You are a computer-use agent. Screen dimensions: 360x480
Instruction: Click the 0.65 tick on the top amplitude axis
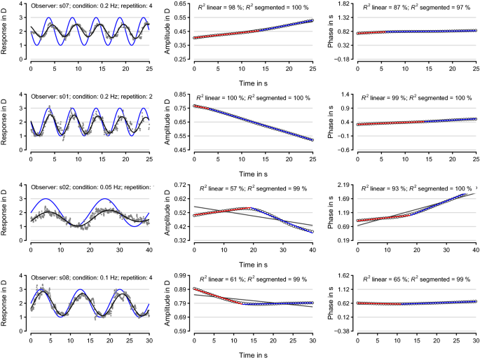click(178, 4)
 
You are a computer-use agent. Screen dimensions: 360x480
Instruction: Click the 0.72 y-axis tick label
click(178, 185)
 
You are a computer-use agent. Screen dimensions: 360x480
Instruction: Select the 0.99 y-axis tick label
click(178, 275)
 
